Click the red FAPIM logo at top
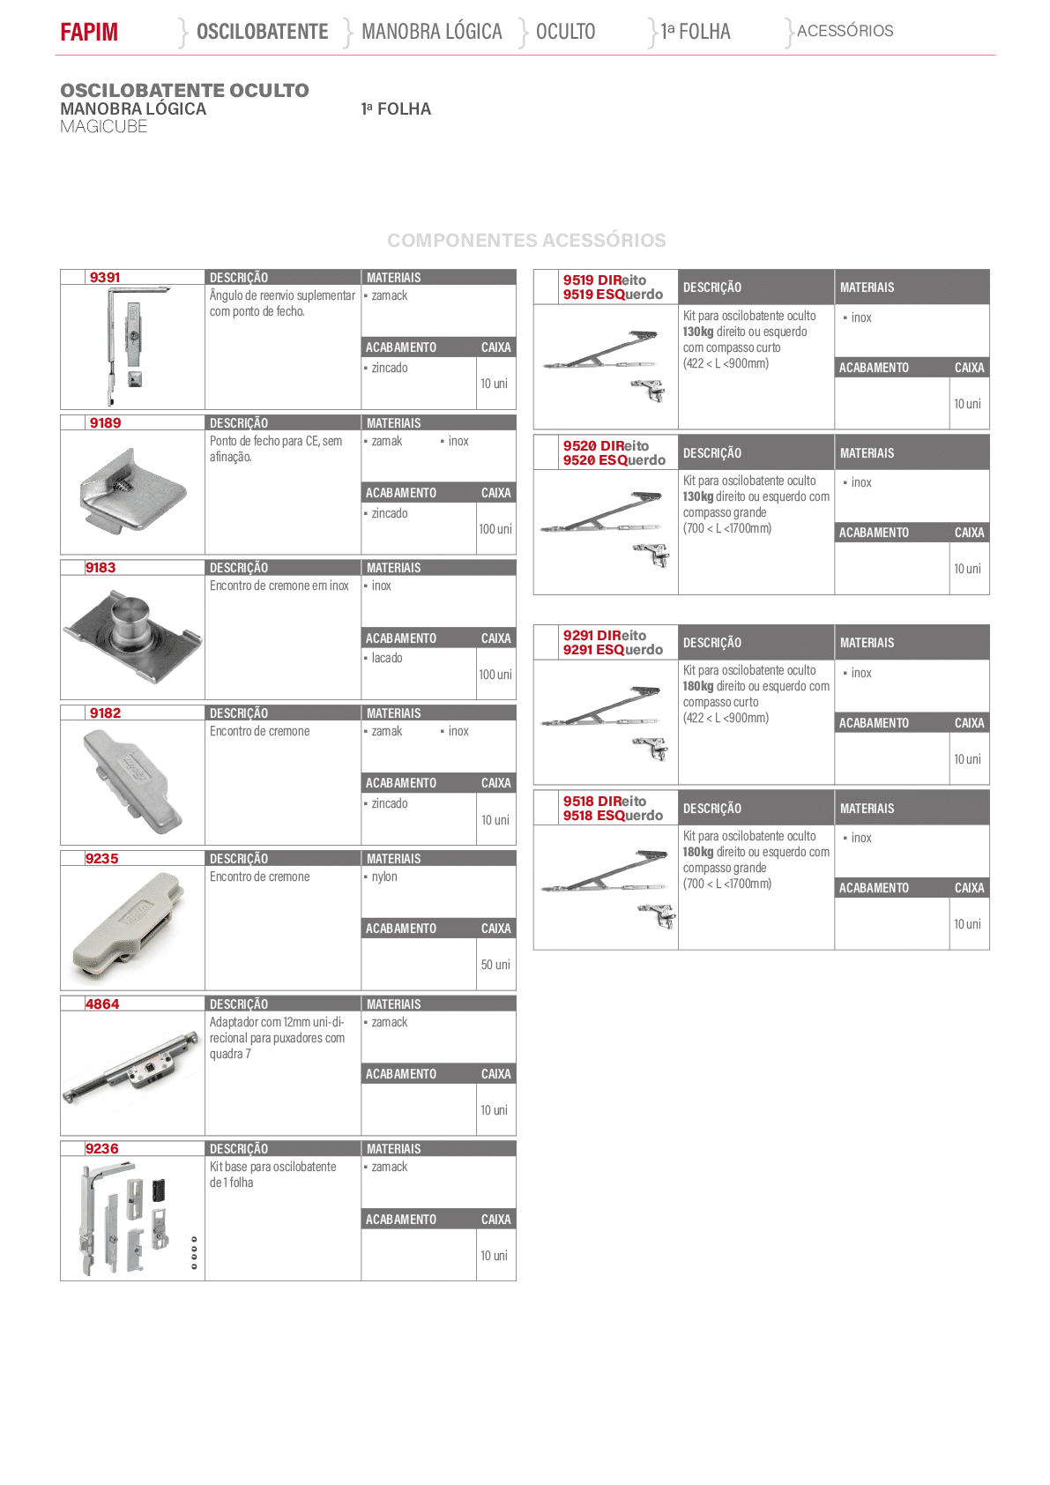point(89,31)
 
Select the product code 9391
point(105,277)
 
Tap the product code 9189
point(106,422)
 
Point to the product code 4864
point(102,1004)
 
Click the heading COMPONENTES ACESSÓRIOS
point(526,240)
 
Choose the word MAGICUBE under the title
point(104,127)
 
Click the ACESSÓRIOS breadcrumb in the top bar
point(845,31)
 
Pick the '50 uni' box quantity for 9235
point(495,965)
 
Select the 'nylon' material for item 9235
point(384,877)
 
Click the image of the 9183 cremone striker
point(132,636)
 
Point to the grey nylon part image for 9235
point(127,926)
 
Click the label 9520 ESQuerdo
point(614,460)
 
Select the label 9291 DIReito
point(605,635)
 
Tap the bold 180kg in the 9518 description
point(698,852)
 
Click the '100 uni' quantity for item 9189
point(495,529)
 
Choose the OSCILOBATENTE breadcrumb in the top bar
point(263,31)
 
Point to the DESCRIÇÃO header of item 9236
point(239,1149)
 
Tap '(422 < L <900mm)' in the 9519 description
point(726,363)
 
